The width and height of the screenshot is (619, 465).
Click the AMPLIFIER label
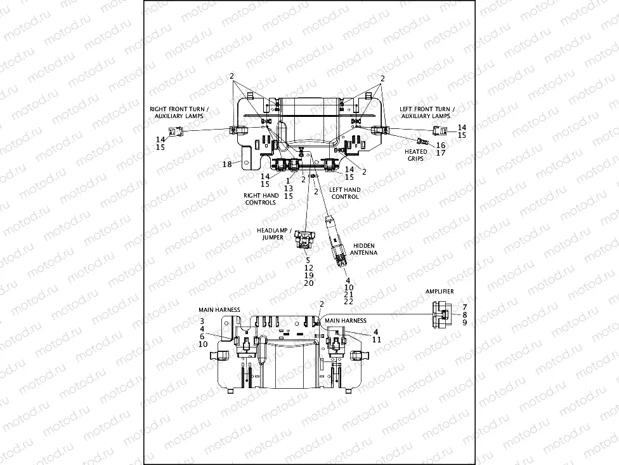tap(440, 291)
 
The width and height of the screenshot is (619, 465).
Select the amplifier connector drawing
tap(440, 314)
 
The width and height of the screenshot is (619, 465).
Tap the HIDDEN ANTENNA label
tap(365, 248)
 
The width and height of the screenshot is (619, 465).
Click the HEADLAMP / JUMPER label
tap(270, 233)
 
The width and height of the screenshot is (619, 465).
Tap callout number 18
tap(226, 164)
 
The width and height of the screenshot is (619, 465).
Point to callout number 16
tap(440, 145)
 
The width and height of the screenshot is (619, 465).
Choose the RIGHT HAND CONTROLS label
tap(260, 199)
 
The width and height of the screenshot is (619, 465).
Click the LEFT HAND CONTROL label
tap(345, 193)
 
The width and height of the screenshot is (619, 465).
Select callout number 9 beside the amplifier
tap(464, 323)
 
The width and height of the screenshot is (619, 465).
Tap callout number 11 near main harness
tap(376, 340)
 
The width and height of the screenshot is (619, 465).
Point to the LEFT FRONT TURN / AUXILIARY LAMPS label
tap(425, 112)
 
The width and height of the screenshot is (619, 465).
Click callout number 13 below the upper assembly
tap(289, 189)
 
